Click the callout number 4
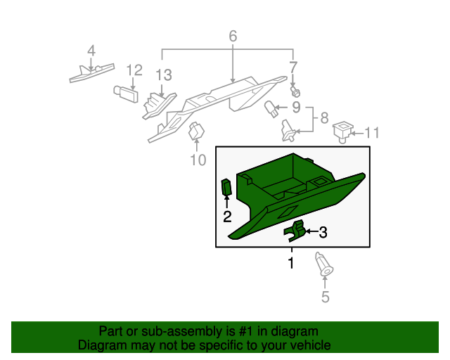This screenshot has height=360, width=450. point(91,50)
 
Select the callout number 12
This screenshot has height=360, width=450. point(134,70)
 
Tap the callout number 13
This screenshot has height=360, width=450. point(163,75)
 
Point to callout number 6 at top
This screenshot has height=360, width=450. point(233,36)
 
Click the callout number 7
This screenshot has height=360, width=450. point(293,67)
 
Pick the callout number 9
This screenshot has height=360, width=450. point(296,108)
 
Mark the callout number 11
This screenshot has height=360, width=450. point(371,131)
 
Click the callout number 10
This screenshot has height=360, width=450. point(198,160)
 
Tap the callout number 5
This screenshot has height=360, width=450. point(325,297)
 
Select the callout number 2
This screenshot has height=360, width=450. point(227,217)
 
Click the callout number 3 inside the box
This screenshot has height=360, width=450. point(323,231)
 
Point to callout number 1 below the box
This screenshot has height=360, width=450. point(290,263)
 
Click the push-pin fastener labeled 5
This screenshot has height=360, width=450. point(324,264)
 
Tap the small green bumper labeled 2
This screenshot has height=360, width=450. point(227,188)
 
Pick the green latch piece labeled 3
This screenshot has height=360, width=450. point(295,230)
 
